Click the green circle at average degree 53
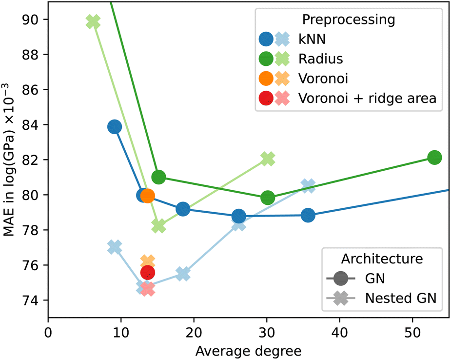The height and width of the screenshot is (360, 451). (434, 157)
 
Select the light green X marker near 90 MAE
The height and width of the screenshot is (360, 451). (93, 22)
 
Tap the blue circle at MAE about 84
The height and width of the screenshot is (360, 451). (114, 127)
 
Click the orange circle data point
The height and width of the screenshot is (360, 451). (147, 196)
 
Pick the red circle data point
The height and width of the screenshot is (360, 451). (147, 272)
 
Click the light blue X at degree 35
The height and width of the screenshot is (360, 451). (308, 186)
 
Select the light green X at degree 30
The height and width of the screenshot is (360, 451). (268, 159)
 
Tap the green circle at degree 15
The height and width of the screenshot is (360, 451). (158, 177)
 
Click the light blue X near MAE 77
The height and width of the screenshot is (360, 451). (115, 247)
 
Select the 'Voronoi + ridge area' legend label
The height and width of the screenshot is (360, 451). (366, 99)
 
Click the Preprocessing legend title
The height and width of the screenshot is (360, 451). (348, 20)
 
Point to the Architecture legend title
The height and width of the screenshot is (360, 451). (382, 258)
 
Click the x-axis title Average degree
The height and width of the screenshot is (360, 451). (249, 350)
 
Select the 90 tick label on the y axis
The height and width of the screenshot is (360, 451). (31, 20)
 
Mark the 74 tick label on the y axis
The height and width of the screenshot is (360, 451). (31, 300)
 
